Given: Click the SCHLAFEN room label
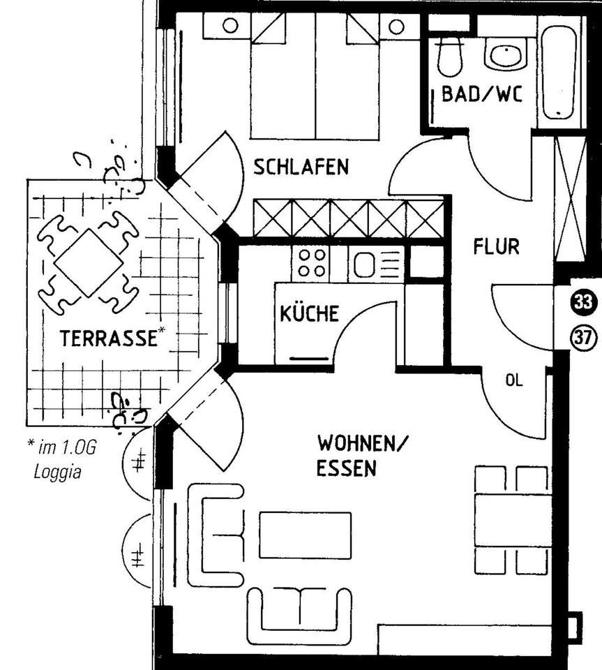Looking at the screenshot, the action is click(301, 167).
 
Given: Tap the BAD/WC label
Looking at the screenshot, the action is click(481, 94).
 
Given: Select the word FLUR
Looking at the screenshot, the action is click(496, 246).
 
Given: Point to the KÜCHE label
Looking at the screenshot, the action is click(309, 313).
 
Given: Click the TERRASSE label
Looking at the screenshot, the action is click(107, 338).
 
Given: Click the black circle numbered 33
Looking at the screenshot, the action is click(583, 303).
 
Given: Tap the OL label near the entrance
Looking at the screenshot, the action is click(514, 380).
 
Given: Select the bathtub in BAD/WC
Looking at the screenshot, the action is click(561, 73).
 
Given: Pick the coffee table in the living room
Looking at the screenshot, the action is click(305, 535).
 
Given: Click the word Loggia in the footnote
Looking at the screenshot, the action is click(57, 471).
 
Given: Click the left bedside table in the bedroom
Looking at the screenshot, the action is click(229, 27).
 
